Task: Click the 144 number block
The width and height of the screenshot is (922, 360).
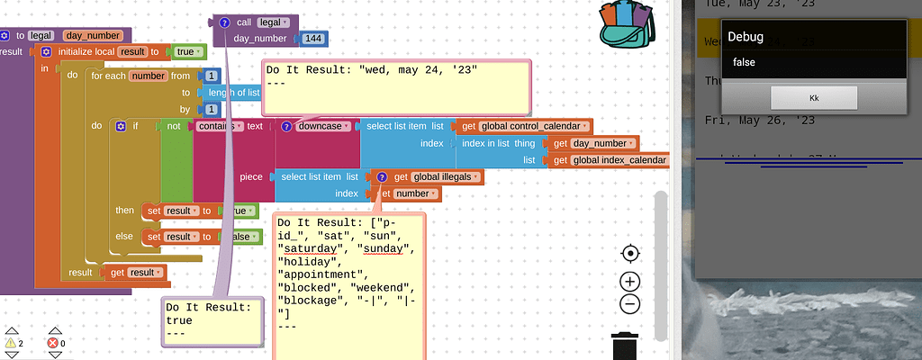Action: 314,39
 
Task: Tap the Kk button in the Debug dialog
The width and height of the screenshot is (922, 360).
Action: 813,97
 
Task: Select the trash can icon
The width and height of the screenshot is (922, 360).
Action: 628,346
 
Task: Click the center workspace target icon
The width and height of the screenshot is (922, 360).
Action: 630,254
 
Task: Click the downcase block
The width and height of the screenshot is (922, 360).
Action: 319,126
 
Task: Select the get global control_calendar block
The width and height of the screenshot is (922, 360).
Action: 526,126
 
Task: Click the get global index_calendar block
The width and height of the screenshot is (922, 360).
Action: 610,160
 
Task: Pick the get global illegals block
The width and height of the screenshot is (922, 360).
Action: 430,176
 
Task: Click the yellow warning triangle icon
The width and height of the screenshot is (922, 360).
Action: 10,343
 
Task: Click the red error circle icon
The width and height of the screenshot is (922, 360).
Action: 51,343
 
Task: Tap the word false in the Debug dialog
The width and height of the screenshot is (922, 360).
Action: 744,62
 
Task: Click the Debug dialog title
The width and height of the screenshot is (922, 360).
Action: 745,37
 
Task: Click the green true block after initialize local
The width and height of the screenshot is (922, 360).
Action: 187,52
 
